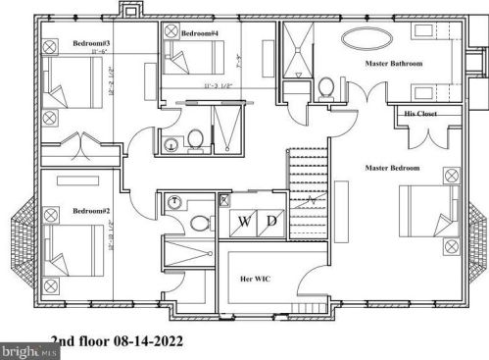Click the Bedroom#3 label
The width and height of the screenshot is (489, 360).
click(x=90, y=43)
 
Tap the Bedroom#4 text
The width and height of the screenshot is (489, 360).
click(x=199, y=33)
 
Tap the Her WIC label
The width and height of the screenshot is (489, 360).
click(x=256, y=279)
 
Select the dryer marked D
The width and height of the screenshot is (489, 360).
click(x=271, y=222)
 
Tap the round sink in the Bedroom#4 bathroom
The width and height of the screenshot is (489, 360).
click(x=173, y=143)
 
